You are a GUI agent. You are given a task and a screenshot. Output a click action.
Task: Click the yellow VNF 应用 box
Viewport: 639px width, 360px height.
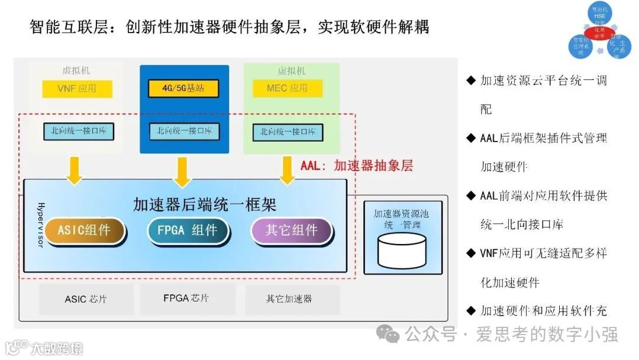pos(77,89)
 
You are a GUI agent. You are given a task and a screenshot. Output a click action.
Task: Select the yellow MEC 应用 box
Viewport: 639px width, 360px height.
pos(287,89)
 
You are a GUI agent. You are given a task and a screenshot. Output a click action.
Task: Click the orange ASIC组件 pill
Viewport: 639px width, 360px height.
pos(84,230)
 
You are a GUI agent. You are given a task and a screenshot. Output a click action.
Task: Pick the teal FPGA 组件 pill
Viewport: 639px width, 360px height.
pos(188,230)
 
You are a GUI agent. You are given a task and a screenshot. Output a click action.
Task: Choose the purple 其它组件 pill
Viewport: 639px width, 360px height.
pos(291,230)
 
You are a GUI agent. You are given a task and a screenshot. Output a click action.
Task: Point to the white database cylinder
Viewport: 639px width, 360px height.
pos(402,249)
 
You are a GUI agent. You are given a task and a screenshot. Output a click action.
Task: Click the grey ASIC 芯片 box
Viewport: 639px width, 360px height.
pos(86,299)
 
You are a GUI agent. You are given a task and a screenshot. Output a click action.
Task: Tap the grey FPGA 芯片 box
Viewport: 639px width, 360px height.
pos(186,298)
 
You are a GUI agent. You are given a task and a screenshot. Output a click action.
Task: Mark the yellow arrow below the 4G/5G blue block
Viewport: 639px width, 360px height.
pos(183,171)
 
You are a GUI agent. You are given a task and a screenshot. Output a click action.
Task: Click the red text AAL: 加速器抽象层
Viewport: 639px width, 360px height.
pos(356,166)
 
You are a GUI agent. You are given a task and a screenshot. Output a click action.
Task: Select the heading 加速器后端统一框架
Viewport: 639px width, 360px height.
pos(205,205)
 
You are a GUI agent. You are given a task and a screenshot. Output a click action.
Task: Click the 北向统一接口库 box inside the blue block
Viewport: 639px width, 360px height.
pos(184,131)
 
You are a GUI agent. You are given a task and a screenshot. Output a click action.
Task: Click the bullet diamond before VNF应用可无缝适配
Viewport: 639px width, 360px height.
pos(471,253)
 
